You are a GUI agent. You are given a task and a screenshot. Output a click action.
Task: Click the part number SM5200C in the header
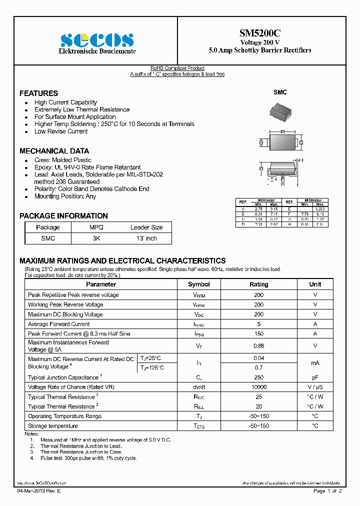pos(259,33)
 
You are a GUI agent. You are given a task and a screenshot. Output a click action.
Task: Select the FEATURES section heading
pos(38,93)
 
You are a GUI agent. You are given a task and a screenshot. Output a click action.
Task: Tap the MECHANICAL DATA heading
pos(54,151)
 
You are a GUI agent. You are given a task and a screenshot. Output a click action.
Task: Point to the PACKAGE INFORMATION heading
pos(63,216)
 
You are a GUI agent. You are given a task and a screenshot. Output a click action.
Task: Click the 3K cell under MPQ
pos(96,238)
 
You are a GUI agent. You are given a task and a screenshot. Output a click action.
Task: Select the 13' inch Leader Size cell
pos(146,238)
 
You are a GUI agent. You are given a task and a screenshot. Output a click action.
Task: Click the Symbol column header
pos(198,284)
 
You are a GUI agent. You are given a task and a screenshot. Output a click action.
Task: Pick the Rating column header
pos(258,284)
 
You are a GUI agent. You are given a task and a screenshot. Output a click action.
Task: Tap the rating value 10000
pos(258,387)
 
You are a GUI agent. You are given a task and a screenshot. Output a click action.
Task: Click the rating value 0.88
pos(258,345)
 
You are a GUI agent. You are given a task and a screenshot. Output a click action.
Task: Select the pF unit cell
pos(315,377)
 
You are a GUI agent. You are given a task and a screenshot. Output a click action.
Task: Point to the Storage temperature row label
pos(53,426)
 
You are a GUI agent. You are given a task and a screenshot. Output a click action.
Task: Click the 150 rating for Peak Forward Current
pos(258,333)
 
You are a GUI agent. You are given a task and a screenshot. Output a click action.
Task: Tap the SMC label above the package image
pos(280,92)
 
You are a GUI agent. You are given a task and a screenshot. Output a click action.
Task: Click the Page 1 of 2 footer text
pos(327,491)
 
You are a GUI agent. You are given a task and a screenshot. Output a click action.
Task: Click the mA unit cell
pos(315,363)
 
